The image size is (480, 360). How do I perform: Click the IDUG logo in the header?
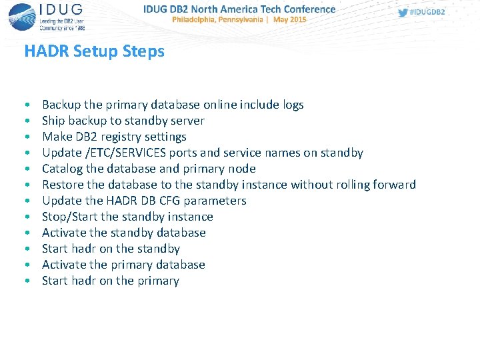pos(46,17)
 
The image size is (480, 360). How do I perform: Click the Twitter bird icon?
pos(403,13)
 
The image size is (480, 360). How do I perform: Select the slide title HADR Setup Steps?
pos(94,51)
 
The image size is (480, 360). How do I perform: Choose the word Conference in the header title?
pos(309,9)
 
